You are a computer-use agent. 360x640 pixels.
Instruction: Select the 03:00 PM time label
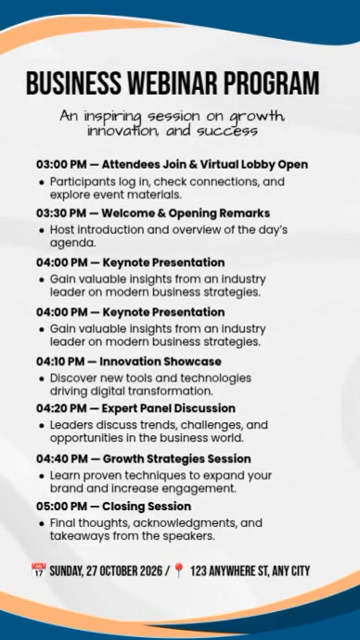61,165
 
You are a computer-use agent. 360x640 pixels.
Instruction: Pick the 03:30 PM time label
61,213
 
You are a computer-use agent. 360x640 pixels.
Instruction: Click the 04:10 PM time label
61,361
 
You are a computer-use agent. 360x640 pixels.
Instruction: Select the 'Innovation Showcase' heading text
161,361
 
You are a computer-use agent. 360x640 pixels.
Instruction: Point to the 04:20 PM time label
61,408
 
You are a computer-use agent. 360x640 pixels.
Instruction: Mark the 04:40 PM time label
61,458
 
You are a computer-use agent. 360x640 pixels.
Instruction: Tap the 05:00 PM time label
61,506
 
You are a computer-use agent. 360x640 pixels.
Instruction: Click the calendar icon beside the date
38,570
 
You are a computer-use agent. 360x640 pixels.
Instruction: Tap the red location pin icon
179,570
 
